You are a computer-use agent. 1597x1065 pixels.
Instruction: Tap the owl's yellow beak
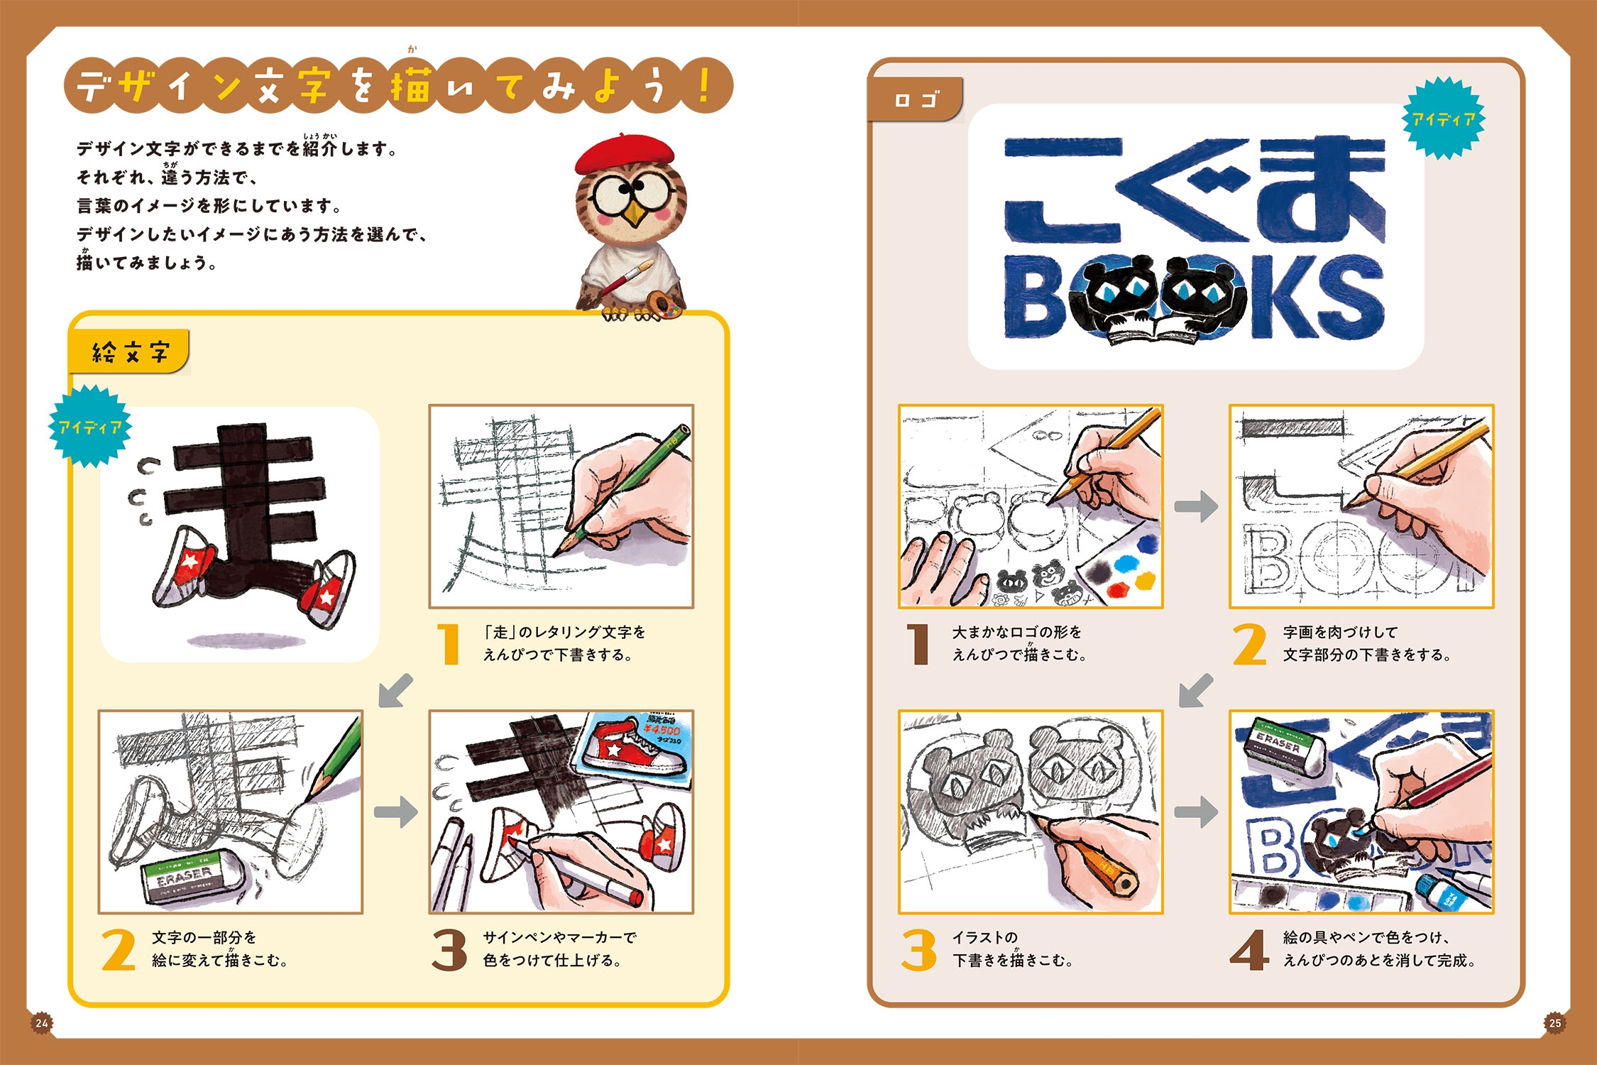tap(634, 213)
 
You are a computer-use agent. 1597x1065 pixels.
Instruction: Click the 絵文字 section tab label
tap(130, 351)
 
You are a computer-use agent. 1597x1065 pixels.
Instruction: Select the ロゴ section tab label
tap(916, 100)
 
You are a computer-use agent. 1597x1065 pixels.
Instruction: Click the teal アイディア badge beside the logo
tap(1443, 119)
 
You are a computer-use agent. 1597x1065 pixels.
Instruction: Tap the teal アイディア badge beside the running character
tap(90, 426)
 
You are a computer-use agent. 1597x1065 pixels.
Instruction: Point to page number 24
tap(42, 1022)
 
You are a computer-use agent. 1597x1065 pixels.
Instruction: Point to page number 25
tap(1554, 1022)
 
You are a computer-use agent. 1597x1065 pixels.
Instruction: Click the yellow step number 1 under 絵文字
tap(449, 644)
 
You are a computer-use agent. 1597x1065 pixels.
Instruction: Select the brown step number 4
tap(1249, 950)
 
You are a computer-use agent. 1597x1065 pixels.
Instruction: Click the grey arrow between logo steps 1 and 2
tap(1196, 506)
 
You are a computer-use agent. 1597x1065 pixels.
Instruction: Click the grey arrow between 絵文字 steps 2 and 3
tap(396, 812)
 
